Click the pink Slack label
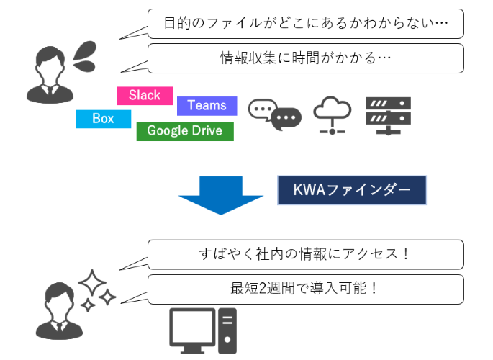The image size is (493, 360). pos(144,96)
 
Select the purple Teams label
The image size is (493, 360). pos(207,106)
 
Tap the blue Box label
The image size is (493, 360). pos(103,119)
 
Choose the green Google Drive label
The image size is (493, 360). pos(185,131)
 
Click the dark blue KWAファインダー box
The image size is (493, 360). pos(352,191)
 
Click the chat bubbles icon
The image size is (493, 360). pos(274,114)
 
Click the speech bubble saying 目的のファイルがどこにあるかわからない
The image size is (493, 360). pos(305,24)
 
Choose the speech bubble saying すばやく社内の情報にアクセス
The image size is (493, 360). pos(305,254)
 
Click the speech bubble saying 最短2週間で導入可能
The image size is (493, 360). pos(305,288)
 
